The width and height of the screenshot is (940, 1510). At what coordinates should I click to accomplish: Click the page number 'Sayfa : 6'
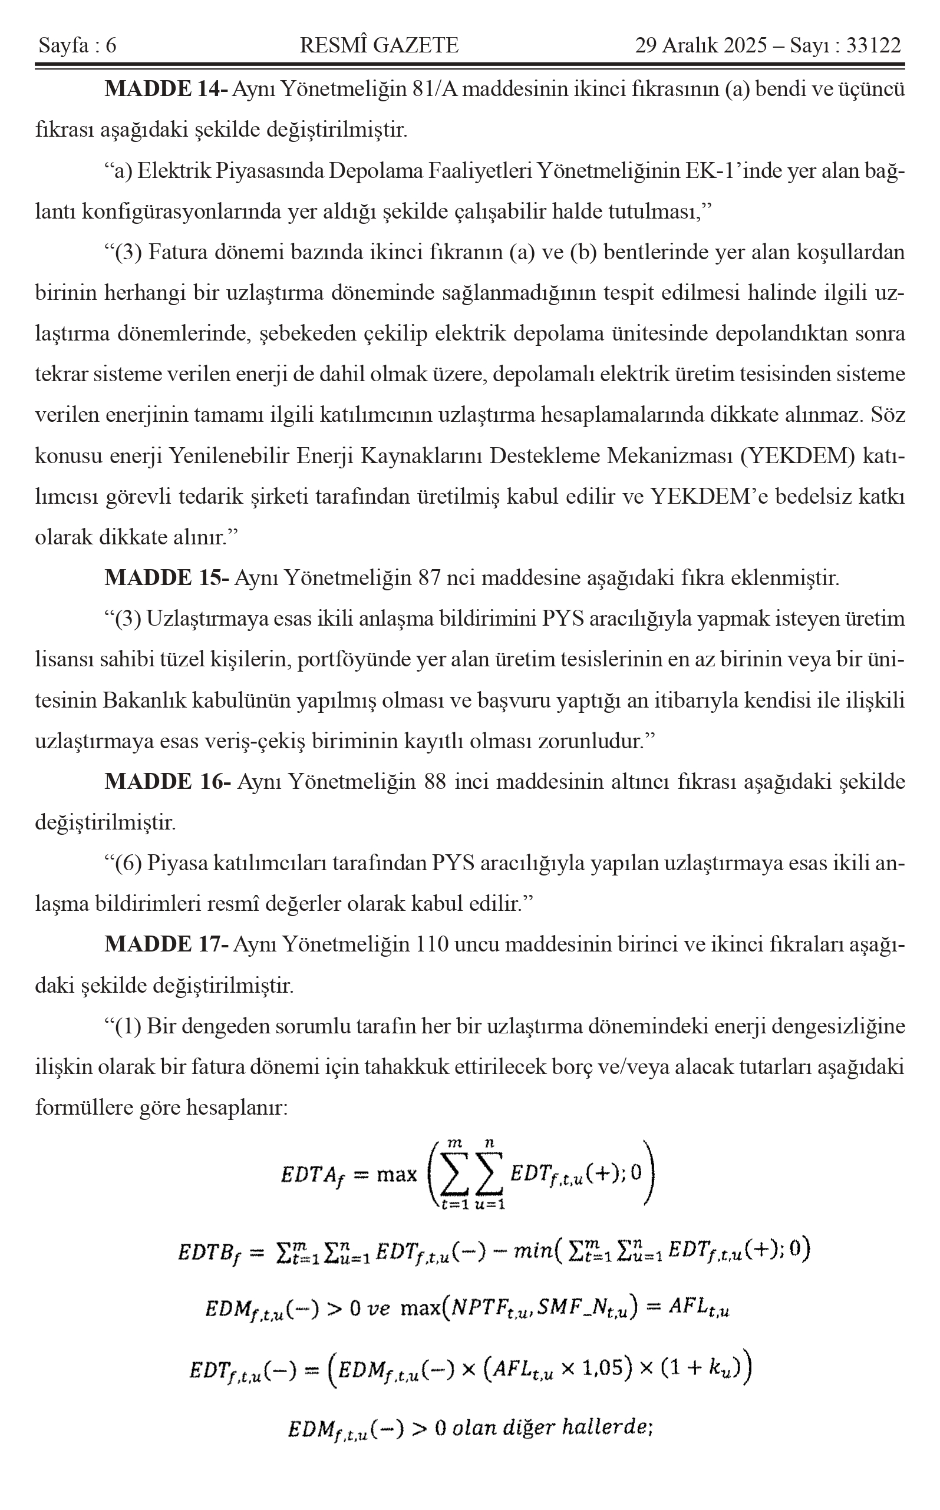pos(78,46)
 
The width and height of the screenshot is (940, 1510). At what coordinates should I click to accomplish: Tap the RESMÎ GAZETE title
pos(379,46)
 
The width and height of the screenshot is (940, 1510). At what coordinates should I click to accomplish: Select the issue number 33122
pos(873,46)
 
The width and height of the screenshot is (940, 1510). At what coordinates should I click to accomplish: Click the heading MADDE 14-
pos(166,90)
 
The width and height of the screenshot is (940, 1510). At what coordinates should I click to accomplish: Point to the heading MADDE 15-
pos(167,579)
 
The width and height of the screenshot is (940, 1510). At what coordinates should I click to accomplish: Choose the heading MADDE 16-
pos(167,782)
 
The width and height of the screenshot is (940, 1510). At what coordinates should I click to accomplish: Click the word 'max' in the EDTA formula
pos(397,1174)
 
